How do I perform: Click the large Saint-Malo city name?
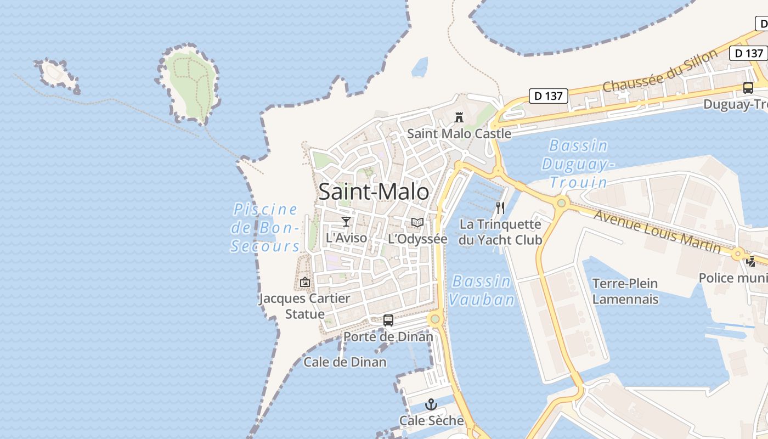click(374, 192)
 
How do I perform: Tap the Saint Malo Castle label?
click(459, 133)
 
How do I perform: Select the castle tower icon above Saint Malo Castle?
click(459, 117)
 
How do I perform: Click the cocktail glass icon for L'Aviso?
click(346, 221)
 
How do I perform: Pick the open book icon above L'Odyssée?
click(417, 222)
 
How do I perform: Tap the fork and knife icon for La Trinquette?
click(500, 207)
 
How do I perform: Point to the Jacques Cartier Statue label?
click(304, 306)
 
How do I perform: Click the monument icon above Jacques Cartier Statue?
click(305, 282)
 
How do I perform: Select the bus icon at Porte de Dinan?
click(388, 320)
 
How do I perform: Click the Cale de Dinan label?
click(345, 362)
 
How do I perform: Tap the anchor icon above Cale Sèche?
click(432, 405)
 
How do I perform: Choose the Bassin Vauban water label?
click(482, 290)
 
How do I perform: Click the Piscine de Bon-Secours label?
click(266, 227)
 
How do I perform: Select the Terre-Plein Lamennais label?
click(625, 291)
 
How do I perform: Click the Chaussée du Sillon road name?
click(660, 71)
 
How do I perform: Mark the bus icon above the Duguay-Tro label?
click(748, 87)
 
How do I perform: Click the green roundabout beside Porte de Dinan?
click(435, 319)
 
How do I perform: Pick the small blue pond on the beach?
click(420, 67)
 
